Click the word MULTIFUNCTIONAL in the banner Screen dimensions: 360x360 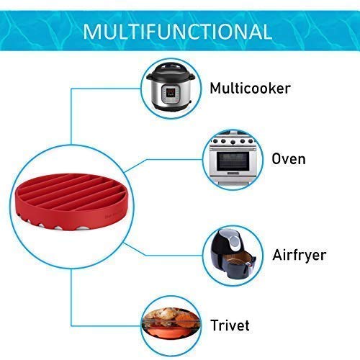point(177,32)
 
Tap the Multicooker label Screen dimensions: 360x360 point(251,88)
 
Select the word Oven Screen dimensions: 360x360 point(289,159)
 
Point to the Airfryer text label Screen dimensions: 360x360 point(300,255)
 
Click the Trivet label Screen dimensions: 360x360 point(230,325)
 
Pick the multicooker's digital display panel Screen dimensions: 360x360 point(171,92)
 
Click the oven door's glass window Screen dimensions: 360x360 point(233,160)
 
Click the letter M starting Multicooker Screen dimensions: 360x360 point(215,88)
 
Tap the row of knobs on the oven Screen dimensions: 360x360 point(233,141)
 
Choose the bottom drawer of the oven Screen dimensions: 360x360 point(232,179)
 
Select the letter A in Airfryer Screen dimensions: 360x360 point(278,254)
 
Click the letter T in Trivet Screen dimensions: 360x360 point(215,325)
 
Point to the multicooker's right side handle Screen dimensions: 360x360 point(192,77)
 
